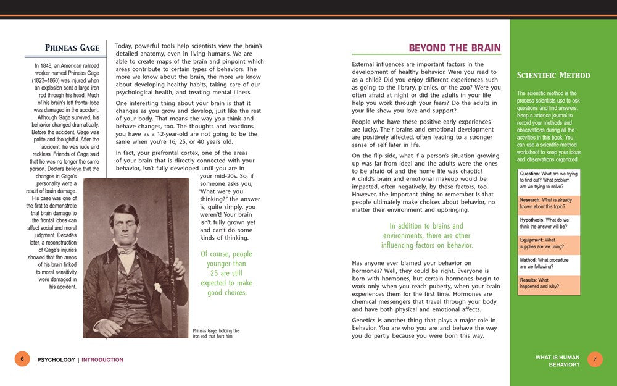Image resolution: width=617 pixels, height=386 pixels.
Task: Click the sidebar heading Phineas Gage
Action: pos(72,48)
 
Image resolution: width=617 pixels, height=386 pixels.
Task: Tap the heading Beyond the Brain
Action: pos(455,48)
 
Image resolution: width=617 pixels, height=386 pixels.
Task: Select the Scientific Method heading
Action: pos(553,75)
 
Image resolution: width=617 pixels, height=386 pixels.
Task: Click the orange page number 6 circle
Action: pos(22,359)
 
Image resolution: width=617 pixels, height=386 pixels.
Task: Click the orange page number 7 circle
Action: pos(595,359)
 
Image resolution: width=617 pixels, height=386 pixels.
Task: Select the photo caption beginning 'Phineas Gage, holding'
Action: pos(216,334)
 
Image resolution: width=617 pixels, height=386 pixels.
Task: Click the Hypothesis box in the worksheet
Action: pos(549,224)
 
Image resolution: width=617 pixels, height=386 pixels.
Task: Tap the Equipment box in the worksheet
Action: pos(549,244)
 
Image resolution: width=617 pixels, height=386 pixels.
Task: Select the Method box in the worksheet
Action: pos(549,264)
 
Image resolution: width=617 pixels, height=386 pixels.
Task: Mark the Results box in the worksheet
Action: pos(549,284)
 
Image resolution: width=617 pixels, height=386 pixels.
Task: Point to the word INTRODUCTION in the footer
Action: pos(102,359)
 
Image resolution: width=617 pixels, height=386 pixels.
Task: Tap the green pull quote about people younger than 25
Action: pos(226,273)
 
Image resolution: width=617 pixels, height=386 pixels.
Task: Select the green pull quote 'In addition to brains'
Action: pos(426,236)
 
